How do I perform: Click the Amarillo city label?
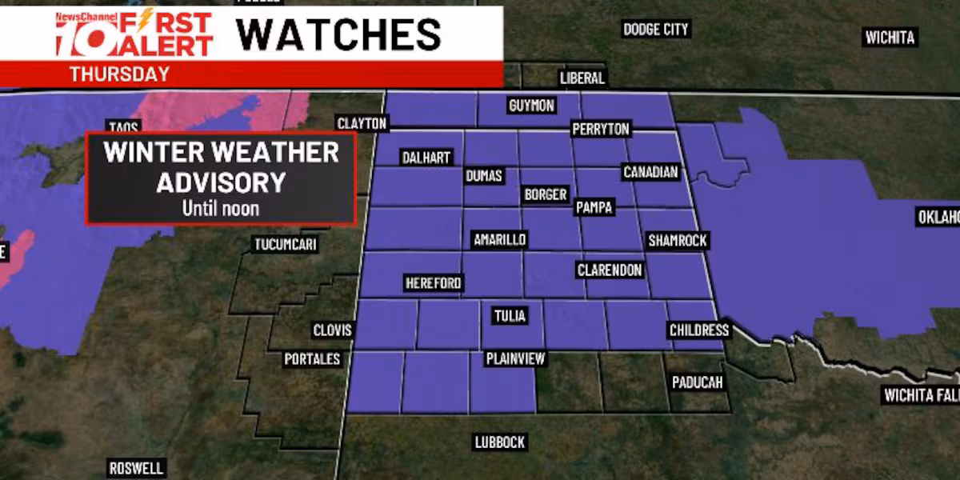[x=499, y=240]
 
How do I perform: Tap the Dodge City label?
[x=655, y=30]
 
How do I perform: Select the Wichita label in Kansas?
[x=889, y=38]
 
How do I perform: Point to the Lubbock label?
[x=499, y=442]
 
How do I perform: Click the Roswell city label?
[x=136, y=468]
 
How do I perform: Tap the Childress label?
[x=699, y=330]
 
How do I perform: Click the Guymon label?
[x=531, y=106]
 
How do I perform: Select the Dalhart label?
[x=426, y=158]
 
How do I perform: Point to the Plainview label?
[x=515, y=358]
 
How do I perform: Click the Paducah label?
[x=697, y=382]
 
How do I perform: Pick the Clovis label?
[x=330, y=330]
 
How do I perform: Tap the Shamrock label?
[x=678, y=240]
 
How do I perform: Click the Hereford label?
[x=433, y=283]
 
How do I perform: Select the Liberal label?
[x=582, y=78]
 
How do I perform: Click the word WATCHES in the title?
[x=338, y=34]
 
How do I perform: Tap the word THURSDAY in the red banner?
[x=119, y=74]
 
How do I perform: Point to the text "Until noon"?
[x=220, y=208]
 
